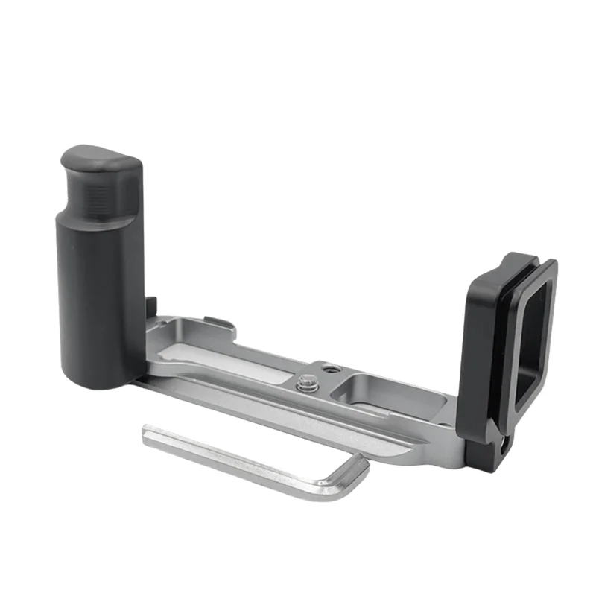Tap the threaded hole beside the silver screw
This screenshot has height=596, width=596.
coord(326,367)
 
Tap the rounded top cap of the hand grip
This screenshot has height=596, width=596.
coord(100,159)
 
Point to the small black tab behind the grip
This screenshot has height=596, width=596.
coord(152,307)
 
